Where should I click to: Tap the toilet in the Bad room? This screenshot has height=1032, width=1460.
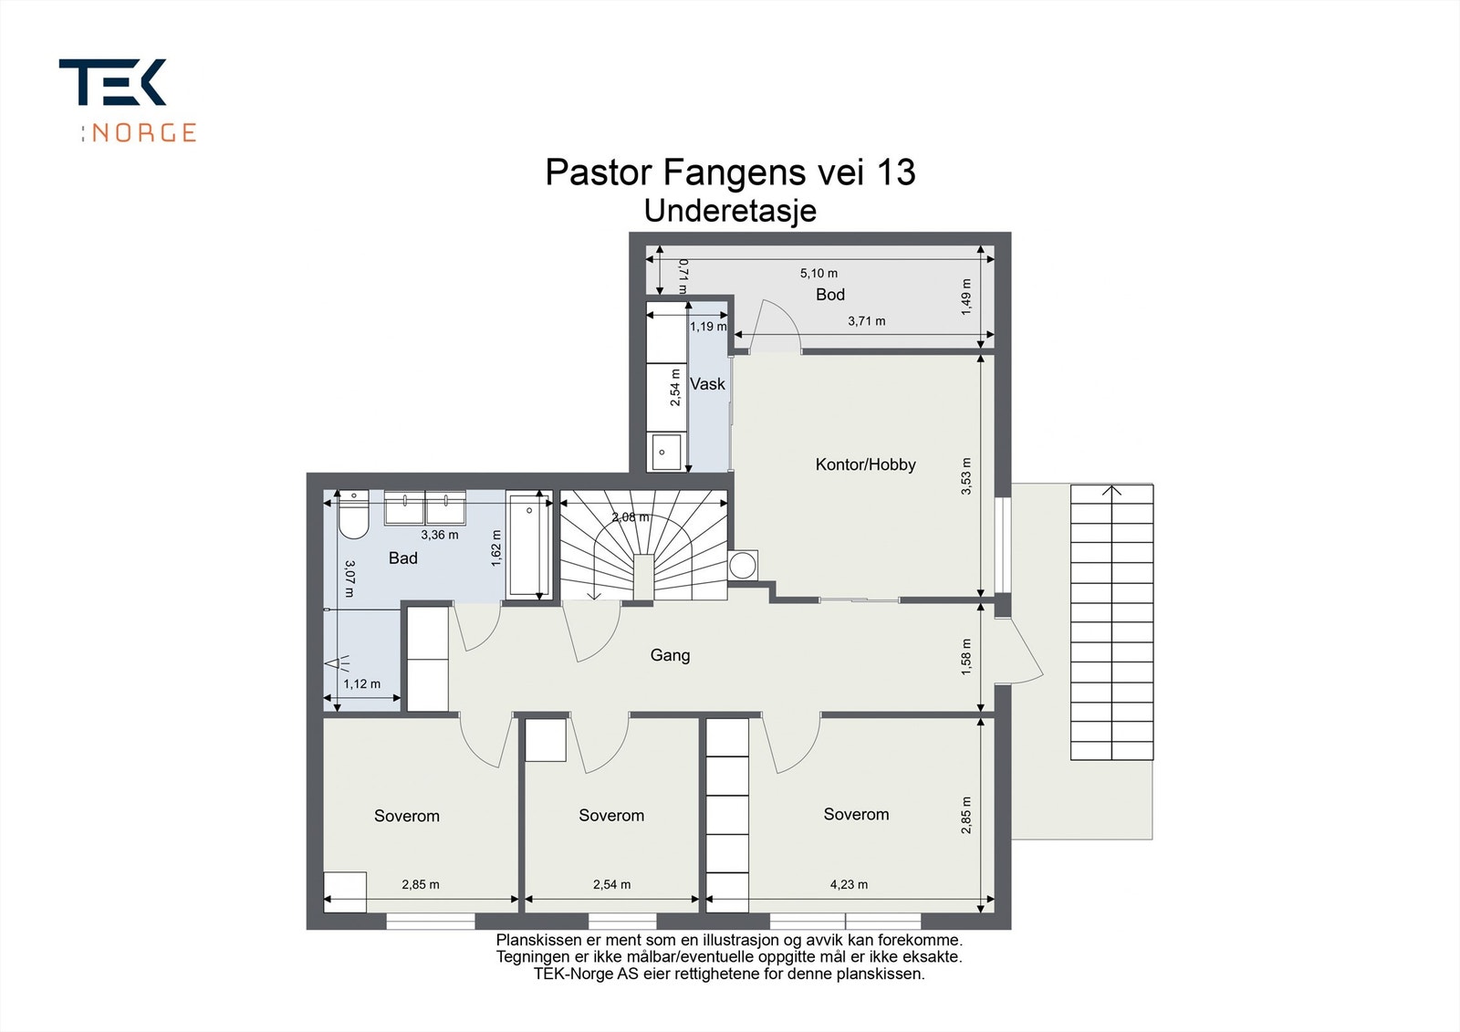(x=351, y=520)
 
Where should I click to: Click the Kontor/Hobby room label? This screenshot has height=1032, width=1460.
(x=865, y=464)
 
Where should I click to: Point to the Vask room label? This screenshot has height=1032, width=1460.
(x=707, y=384)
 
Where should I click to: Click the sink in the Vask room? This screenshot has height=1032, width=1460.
(x=666, y=452)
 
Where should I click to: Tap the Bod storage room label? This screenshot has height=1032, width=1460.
(x=829, y=295)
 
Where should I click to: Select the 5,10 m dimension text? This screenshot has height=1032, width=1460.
(x=819, y=273)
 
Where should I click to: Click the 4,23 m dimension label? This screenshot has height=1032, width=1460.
(x=849, y=884)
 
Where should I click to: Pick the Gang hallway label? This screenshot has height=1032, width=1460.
(x=670, y=655)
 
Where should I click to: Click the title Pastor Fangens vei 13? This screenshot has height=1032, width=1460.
(x=730, y=172)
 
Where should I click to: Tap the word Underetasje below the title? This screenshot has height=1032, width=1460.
(x=730, y=211)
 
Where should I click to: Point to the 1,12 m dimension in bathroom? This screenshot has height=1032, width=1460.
(x=361, y=683)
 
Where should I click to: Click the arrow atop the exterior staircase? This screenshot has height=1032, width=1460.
(x=1111, y=491)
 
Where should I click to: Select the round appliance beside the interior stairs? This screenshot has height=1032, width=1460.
(x=744, y=564)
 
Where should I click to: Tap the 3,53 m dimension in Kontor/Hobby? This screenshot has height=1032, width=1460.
(x=966, y=475)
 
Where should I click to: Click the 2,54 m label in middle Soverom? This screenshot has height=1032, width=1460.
(x=611, y=884)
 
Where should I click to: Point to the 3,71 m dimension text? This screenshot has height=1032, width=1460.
(x=866, y=321)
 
